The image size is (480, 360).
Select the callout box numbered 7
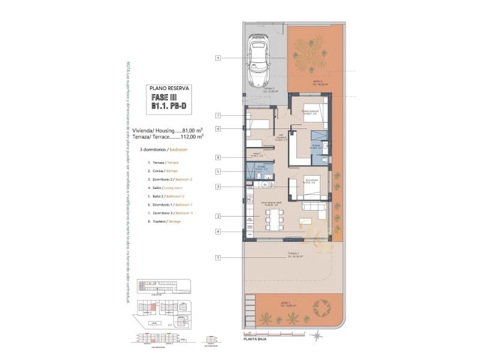tap(219, 115)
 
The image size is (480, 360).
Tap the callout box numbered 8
tap(219, 158)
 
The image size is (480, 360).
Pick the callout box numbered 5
tap(219, 172)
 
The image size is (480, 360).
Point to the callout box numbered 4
tap(219, 231)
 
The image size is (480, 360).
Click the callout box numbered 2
tap(219, 216)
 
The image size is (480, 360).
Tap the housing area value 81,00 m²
tap(191, 130)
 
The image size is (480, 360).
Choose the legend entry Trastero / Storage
tap(166, 221)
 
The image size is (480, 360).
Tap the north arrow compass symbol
tap(316, 336)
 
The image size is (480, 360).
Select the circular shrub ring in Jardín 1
tap(322, 308)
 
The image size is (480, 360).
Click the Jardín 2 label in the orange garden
tap(318, 83)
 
